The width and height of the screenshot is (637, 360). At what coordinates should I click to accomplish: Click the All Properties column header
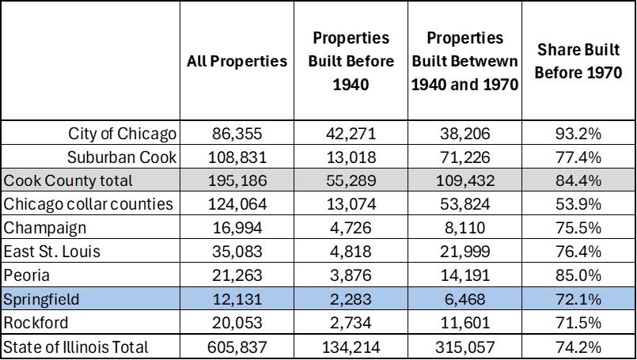click(237, 61)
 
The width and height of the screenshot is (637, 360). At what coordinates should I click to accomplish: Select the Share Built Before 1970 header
click(580, 61)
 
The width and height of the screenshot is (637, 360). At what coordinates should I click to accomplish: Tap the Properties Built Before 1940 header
click(351, 61)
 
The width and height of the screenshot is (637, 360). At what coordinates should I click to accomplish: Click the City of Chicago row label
click(122, 132)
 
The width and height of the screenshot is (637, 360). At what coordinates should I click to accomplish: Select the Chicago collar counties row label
click(88, 204)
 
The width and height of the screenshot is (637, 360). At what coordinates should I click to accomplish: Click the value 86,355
click(237, 132)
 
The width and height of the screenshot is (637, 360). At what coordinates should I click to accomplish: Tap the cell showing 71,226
click(464, 156)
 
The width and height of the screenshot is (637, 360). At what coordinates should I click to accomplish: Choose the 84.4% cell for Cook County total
click(580, 180)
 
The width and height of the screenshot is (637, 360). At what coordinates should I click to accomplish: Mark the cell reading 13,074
click(351, 204)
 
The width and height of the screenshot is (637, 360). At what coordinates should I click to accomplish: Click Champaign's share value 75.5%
click(580, 228)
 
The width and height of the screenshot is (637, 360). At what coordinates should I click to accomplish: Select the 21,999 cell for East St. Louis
click(464, 252)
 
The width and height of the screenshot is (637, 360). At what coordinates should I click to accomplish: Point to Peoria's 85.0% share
click(580, 275)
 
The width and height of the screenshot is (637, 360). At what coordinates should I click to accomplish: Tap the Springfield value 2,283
click(351, 299)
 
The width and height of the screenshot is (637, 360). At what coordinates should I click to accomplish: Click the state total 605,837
click(237, 347)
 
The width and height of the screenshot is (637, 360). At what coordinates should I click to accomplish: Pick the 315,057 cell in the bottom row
click(464, 347)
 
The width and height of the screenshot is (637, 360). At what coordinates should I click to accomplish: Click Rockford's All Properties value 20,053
click(237, 323)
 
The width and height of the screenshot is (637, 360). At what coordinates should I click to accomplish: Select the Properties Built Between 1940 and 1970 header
click(464, 61)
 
